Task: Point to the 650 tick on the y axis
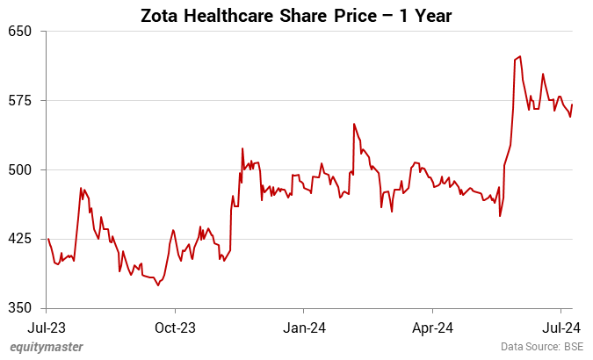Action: [x=20, y=32]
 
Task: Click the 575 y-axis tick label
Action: [x=20, y=100]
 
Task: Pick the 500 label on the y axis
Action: [x=20, y=169]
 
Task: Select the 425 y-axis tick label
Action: [x=20, y=239]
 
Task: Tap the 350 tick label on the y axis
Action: [x=20, y=308]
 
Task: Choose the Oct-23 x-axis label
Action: [x=175, y=328]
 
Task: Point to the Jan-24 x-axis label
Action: [x=304, y=328]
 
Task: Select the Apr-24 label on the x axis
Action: [x=433, y=328]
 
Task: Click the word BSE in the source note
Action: [x=574, y=348]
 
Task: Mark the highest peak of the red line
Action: [x=521, y=56]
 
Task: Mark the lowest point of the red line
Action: [x=158, y=285]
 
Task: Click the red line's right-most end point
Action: [x=573, y=104]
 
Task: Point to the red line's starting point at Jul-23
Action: [x=47, y=239]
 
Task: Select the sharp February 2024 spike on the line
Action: [x=353, y=124]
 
